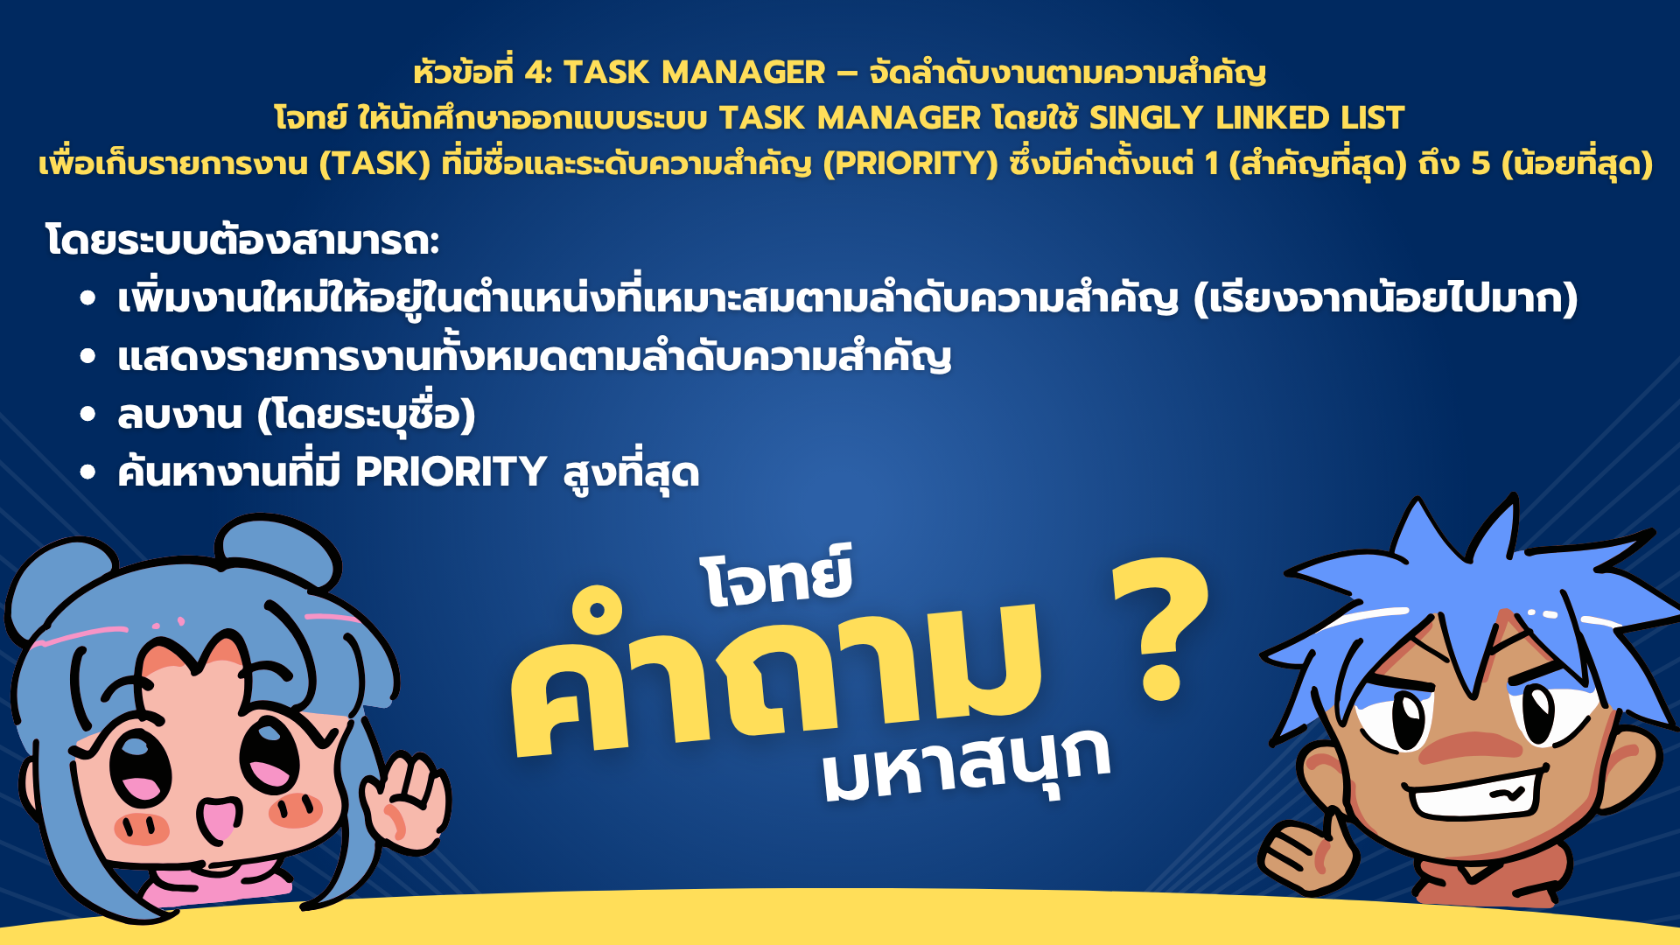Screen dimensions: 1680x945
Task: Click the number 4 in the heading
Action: (x=535, y=73)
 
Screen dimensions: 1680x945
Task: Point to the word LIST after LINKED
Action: (x=1374, y=118)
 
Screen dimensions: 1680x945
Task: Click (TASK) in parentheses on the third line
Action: (x=374, y=164)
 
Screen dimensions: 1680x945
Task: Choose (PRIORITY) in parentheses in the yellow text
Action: (x=911, y=164)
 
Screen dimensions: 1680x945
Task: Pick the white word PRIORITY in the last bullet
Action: (x=451, y=472)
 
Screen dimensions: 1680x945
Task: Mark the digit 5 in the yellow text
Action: (x=1480, y=164)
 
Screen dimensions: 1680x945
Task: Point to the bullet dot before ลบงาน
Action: (x=87, y=415)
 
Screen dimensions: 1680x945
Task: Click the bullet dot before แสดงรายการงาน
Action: (x=87, y=356)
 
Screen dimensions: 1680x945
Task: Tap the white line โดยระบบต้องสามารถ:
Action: (x=242, y=241)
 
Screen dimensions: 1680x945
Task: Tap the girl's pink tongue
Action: (x=215, y=818)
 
